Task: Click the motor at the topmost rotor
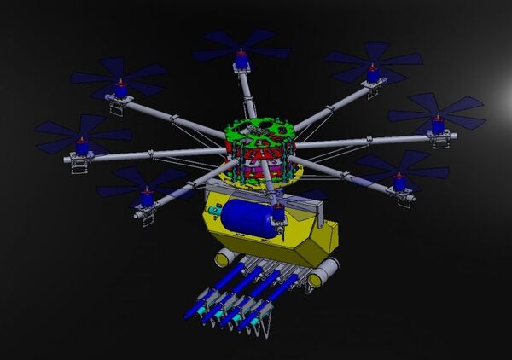click(x=241, y=61)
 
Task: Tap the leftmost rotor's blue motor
click(x=82, y=146)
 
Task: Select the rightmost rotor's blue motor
click(x=439, y=125)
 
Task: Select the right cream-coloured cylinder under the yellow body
click(x=323, y=275)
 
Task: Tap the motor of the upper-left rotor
click(x=121, y=88)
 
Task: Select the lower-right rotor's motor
click(x=399, y=181)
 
